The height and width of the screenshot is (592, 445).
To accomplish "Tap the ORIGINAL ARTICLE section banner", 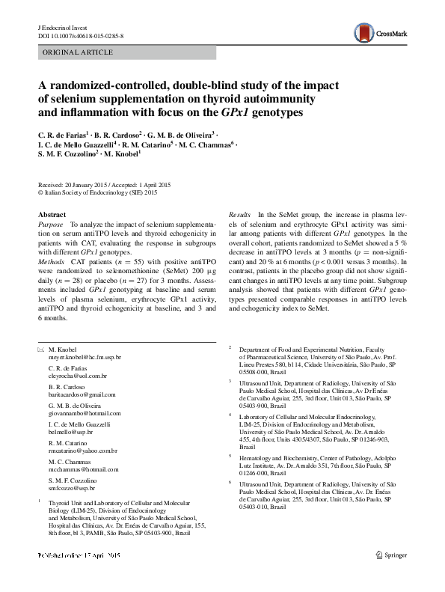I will point(79,52).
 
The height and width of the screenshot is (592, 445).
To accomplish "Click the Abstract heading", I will point(52,214).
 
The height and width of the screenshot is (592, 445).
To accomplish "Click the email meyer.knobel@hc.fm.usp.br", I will point(85,358).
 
